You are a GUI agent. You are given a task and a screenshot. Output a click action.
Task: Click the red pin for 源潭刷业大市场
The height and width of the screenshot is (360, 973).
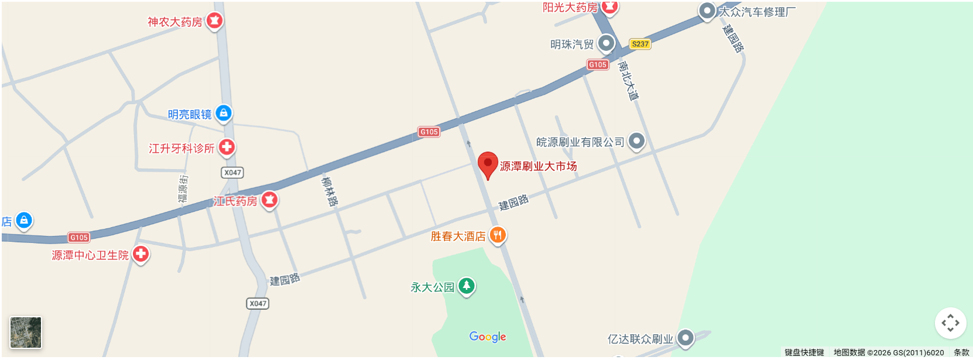[x=488, y=163]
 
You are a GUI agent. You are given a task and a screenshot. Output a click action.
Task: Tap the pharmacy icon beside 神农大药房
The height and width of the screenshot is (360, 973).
[x=215, y=21]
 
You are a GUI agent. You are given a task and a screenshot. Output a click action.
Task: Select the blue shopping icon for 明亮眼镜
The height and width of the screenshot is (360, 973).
[x=224, y=113]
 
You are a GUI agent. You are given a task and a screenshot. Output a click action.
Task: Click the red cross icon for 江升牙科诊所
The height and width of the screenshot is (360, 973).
[x=227, y=147]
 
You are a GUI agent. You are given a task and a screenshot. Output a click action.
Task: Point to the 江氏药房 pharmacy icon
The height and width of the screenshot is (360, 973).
[x=269, y=200]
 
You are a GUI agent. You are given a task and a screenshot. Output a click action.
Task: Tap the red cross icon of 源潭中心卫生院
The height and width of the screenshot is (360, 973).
[x=141, y=254]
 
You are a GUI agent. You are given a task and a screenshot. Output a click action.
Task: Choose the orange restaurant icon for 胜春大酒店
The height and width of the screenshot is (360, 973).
[x=498, y=235]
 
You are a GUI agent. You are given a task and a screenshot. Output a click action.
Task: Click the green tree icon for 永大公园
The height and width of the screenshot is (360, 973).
[x=467, y=286]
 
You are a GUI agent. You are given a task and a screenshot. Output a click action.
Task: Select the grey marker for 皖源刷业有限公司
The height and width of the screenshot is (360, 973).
[x=636, y=141]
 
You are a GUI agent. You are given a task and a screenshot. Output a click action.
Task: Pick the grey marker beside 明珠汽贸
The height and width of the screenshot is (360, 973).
[x=606, y=43]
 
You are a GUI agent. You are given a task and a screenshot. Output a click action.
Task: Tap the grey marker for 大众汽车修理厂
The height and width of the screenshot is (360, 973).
[x=707, y=11]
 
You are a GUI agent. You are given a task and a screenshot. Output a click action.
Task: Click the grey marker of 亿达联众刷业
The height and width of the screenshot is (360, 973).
[x=686, y=338]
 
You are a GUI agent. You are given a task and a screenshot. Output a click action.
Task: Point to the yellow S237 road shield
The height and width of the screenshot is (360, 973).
[x=640, y=44]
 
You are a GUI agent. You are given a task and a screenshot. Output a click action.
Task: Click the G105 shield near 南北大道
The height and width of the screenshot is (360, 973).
[x=598, y=64]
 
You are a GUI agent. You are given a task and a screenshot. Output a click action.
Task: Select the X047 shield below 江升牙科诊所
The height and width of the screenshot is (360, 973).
[x=232, y=172]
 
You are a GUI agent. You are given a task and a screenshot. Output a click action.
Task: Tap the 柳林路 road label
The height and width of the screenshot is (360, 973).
[x=330, y=191]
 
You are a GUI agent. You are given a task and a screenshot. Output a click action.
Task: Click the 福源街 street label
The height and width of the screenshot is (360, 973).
[x=183, y=188]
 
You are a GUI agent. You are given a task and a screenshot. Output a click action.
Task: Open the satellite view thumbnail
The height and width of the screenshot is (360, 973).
[x=26, y=332]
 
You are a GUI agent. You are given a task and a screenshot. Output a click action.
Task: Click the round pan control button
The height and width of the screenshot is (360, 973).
[x=950, y=323]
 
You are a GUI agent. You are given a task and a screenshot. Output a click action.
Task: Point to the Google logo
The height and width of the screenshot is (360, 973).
[x=488, y=337]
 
